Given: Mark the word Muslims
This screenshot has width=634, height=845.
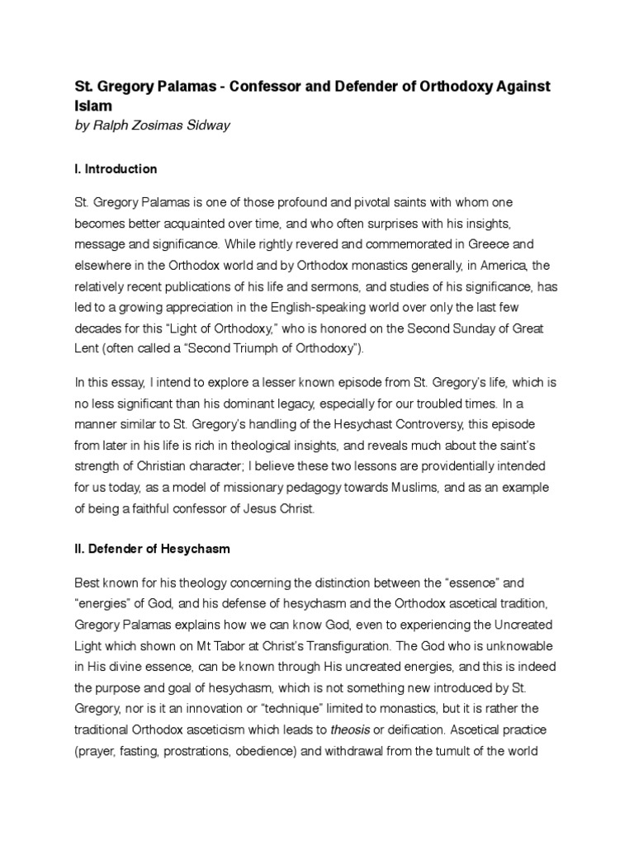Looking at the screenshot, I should point(376,489).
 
